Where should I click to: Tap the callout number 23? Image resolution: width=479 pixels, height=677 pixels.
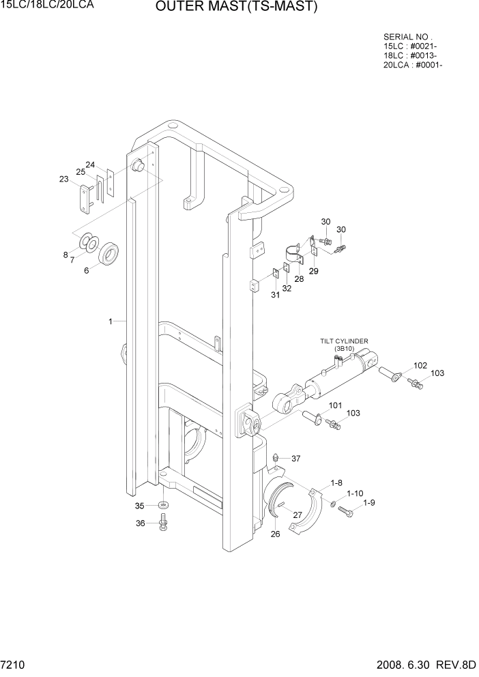click(64, 179)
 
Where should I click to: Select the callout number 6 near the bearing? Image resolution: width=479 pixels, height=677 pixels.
click(87, 270)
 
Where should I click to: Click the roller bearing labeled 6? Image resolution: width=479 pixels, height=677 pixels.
click(109, 255)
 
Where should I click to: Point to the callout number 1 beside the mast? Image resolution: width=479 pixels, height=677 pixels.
click(110, 320)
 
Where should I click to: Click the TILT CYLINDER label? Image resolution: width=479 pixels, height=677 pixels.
click(345, 341)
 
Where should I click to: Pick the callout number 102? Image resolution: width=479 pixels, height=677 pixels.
click(420, 366)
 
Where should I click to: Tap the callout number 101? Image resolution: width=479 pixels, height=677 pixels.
click(335, 406)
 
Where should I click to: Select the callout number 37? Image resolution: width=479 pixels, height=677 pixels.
click(296, 458)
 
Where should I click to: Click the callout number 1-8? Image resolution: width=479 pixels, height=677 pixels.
click(336, 483)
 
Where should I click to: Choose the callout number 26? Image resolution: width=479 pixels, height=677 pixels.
click(275, 534)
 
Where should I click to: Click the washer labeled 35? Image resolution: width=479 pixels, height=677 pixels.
click(162, 505)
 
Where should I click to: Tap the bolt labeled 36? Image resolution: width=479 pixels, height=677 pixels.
click(163, 523)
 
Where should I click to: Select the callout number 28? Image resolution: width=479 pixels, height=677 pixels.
click(299, 279)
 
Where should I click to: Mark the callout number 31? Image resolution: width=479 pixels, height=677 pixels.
click(275, 294)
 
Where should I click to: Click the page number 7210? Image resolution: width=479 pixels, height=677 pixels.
click(14, 664)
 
